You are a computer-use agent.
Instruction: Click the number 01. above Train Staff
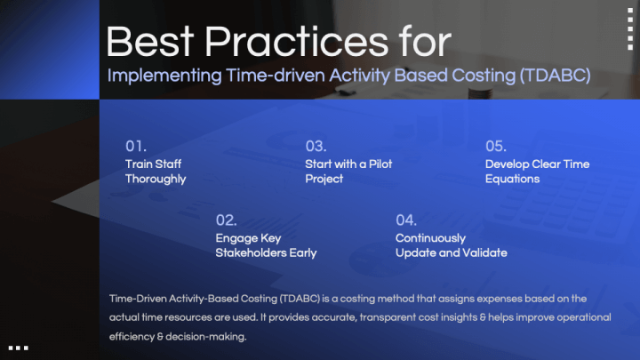[x=135, y=146]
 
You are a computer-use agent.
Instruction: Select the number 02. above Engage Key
[x=226, y=220]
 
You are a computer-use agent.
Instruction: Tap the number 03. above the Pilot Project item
[x=316, y=146]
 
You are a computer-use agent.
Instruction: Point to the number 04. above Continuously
[x=406, y=220]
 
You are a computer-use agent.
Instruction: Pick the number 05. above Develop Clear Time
[x=495, y=146]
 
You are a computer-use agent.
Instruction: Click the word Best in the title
[x=150, y=42]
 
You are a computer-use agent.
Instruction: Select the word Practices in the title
[x=296, y=42]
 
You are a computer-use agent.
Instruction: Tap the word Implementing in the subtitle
[x=164, y=76]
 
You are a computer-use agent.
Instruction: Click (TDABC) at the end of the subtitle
[x=555, y=76]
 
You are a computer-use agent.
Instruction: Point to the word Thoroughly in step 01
[x=156, y=180]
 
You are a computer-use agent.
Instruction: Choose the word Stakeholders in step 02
[x=251, y=253]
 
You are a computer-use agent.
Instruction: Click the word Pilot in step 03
[x=380, y=164]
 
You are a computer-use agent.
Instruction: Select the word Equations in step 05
[x=512, y=180]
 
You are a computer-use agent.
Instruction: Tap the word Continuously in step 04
[x=430, y=238]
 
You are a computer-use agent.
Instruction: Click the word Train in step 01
[x=136, y=164]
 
